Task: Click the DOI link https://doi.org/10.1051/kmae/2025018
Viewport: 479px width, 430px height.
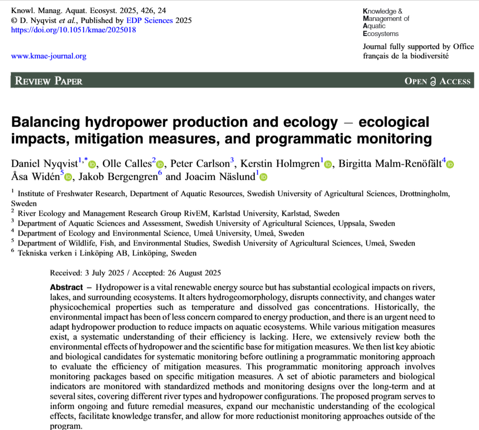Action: [74, 30]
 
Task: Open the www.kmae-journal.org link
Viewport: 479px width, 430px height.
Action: [49, 56]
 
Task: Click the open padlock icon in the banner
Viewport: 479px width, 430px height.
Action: [433, 81]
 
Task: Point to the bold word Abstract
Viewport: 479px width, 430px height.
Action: [66, 288]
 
